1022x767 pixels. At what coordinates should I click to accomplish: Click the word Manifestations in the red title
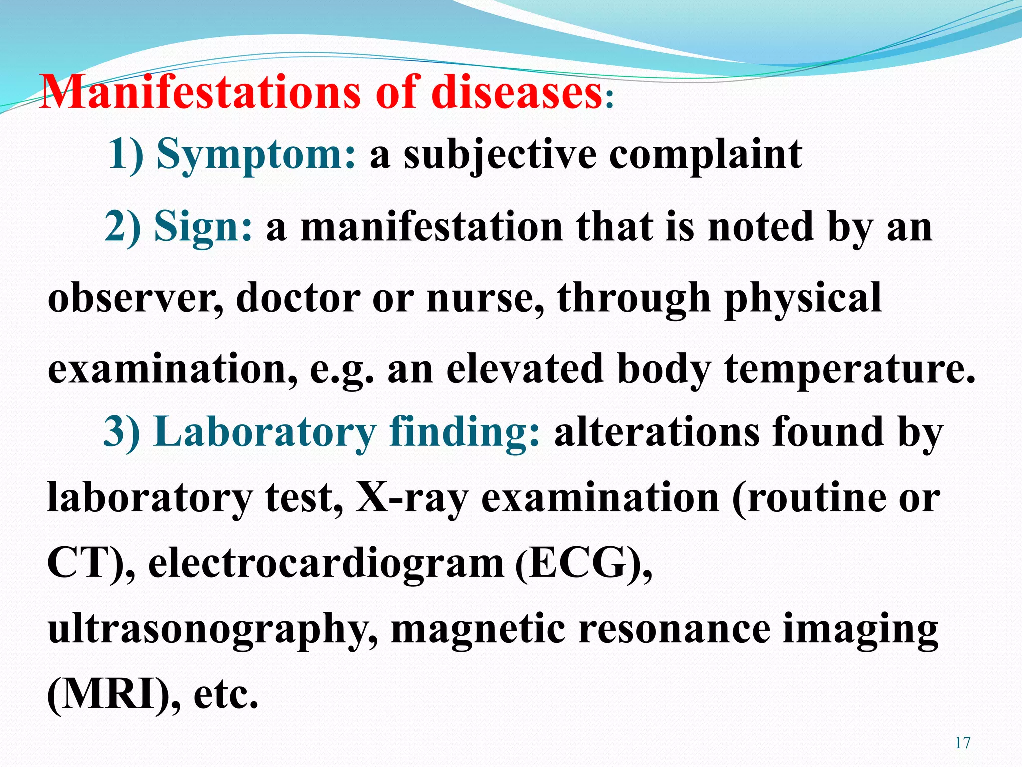point(200,92)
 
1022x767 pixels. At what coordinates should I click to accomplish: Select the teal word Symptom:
point(256,155)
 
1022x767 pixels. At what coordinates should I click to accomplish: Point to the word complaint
point(706,155)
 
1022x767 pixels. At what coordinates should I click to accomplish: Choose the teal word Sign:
point(203,227)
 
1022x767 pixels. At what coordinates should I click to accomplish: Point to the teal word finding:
point(464,432)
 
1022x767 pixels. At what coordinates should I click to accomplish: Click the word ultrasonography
point(212,630)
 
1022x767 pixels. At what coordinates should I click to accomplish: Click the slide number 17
point(963,743)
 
